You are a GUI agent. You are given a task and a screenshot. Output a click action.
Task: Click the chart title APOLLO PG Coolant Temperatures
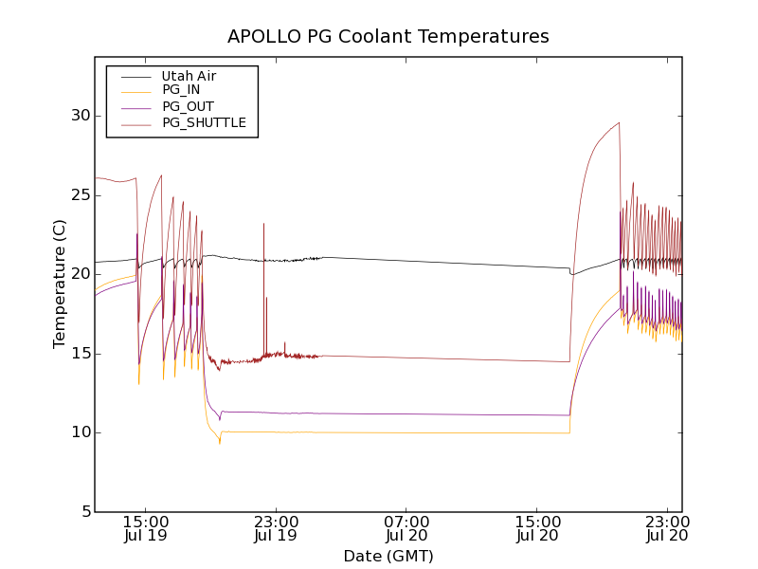[388, 37]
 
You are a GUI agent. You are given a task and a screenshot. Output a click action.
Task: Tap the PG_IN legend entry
[181, 90]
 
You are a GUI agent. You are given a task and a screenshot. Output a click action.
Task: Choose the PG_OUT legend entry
[188, 106]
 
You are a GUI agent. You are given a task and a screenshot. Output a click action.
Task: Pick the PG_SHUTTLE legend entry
[204, 122]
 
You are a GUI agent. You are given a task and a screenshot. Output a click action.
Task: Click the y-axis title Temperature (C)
[60, 284]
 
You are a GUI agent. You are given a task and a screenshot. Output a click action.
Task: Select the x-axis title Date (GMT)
[388, 556]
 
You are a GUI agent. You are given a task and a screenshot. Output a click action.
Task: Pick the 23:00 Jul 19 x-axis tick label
[276, 528]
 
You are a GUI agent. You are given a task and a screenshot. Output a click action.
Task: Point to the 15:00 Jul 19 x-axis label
[146, 528]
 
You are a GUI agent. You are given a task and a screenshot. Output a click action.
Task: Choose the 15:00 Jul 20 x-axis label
[537, 528]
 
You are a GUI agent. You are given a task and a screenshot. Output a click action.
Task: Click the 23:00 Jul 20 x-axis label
[668, 528]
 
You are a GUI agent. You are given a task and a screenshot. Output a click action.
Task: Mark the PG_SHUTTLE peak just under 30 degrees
[619, 122]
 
